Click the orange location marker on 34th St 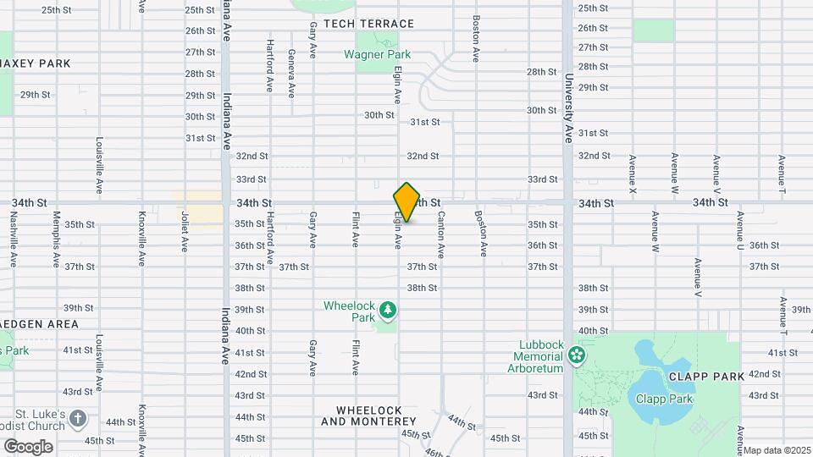point(406,202)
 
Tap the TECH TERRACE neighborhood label point(368,24)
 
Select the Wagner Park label point(377,55)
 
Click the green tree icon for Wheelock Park point(388,311)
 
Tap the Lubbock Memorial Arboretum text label point(536,356)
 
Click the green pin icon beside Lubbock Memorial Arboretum point(578,354)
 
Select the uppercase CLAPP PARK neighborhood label point(705,376)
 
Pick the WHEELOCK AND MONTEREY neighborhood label point(369,416)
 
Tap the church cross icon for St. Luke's point(78,418)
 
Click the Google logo point(28,446)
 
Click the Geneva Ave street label point(291,73)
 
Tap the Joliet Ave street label point(184,232)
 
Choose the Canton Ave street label point(441,234)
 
